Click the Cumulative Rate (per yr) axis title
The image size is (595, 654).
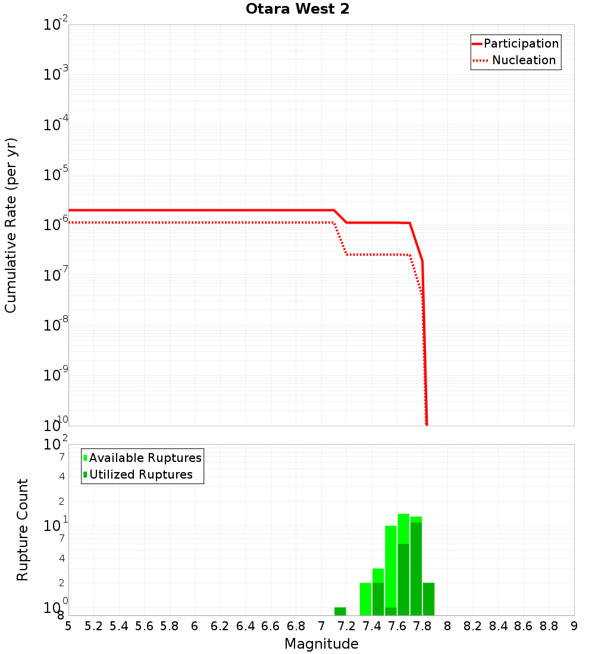coord(11,225)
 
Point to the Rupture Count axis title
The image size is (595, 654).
coord(23,530)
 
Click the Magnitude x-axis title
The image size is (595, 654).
coord(321,644)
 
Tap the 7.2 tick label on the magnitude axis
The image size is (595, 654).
coord(346,626)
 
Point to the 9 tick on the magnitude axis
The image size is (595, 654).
coord(574,626)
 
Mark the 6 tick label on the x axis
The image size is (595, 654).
coord(195,626)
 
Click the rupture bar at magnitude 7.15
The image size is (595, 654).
coord(340,611)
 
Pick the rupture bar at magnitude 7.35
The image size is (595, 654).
coord(365,599)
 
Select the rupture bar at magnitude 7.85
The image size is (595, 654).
coord(428,599)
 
